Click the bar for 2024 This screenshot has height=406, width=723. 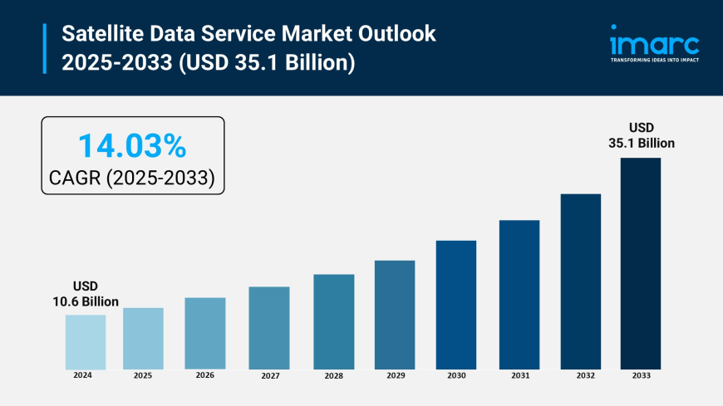86,342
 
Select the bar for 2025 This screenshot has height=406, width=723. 143,339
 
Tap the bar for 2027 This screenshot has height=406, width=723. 269,328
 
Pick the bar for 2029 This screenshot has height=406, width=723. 395,315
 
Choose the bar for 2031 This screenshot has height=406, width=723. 519,295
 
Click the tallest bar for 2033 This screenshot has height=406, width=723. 641,263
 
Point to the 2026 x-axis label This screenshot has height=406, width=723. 204,375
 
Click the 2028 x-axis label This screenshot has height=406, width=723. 333,375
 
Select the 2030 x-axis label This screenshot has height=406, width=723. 456,375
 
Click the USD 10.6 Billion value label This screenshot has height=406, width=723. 86,294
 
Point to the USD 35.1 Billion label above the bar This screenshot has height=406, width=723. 641,135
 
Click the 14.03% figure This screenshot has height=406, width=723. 132,146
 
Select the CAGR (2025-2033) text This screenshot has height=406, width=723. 132,176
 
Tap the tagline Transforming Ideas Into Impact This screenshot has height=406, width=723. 655,61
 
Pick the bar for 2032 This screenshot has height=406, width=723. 580,281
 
